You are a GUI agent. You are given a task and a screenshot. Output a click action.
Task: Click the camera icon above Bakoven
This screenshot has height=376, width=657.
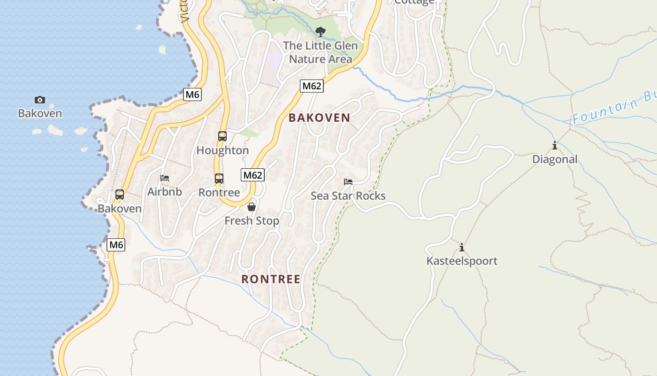pos(40,100)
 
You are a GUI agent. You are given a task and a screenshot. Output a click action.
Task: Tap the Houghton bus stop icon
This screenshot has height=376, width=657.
pos(222,136)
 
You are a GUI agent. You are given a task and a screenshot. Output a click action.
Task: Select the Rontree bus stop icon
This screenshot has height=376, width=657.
pos(219,179)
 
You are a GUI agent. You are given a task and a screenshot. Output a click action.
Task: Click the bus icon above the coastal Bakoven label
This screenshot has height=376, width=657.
pos(120,195)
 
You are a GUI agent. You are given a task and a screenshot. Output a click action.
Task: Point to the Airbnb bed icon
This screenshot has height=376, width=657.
pos(165,178)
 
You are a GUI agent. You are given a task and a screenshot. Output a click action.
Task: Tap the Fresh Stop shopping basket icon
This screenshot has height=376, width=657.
pos(252,207)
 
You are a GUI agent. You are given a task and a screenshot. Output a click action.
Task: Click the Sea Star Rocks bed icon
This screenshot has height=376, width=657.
pos(348,182)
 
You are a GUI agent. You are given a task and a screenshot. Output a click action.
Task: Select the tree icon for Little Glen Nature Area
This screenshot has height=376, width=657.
pos(321,32)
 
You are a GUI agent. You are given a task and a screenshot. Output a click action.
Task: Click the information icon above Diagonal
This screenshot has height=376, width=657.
pos(555,146)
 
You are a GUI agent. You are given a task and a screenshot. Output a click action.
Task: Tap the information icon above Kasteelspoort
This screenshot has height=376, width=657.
pos(462,247)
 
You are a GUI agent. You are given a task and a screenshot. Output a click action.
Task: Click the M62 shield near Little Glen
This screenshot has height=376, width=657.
pos(312,86)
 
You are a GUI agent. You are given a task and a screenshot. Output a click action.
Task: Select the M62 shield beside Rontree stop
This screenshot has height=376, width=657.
pos(253,175)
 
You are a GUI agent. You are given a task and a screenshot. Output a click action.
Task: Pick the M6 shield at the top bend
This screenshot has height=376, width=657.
pos(192,94)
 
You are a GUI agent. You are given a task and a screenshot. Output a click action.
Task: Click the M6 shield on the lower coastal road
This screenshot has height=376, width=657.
pos(116,245)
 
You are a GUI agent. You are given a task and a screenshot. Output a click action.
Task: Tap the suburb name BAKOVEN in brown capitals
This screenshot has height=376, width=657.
pos(319,118)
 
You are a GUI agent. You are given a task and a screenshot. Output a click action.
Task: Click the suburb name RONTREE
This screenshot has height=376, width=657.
pos(271,279)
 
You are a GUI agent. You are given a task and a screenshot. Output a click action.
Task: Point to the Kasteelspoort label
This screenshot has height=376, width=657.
pos(462,261)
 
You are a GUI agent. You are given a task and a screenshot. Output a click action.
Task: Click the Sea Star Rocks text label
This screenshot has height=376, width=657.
pos(348,196)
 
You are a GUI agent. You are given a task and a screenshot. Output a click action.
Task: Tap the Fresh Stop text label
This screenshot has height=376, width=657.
pos(252,221)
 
